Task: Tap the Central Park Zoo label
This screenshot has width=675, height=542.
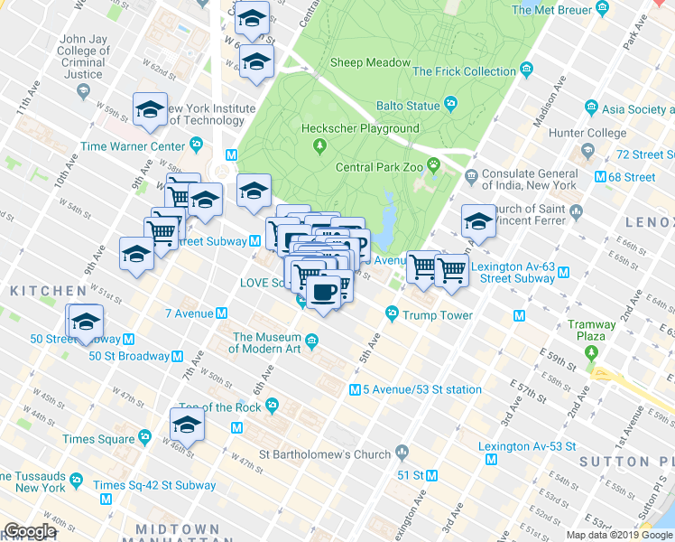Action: point(379,167)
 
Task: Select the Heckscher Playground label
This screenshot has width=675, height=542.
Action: point(360,129)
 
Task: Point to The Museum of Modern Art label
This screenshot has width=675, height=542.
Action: point(267,342)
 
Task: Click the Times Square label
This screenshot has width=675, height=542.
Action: point(97,439)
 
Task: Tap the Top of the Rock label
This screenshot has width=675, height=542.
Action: point(220,407)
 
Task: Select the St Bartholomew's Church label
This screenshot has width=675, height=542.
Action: point(325,454)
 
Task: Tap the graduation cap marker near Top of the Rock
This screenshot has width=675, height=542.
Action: point(187,424)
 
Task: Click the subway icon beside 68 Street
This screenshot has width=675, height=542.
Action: point(601,177)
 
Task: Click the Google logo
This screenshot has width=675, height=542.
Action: point(30,531)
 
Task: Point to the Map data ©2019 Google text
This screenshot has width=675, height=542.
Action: point(618,535)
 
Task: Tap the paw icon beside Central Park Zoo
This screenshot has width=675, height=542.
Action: point(435,166)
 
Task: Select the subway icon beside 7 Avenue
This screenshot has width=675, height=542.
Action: point(221,313)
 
